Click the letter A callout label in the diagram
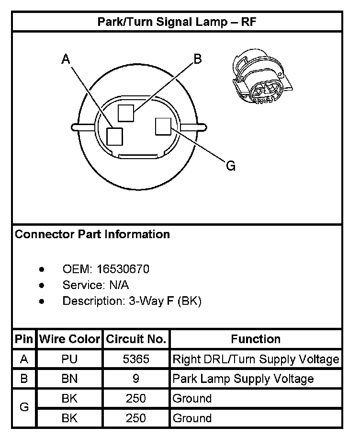(66, 59)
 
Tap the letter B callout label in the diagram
(197, 59)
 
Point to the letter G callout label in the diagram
(230, 166)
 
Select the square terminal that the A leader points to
(115, 136)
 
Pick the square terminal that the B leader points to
(127, 114)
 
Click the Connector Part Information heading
(92, 234)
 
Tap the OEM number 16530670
(123, 269)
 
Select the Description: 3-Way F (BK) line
(132, 301)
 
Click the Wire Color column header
(69, 340)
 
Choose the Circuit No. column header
(136, 340)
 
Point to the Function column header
(256, 340)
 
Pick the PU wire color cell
(69, 359)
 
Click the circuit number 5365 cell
(136, 359)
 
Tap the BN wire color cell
(69, 379)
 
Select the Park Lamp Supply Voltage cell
(243, 379)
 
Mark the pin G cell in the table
(24, 408)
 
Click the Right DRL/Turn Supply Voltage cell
(256, 359)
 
